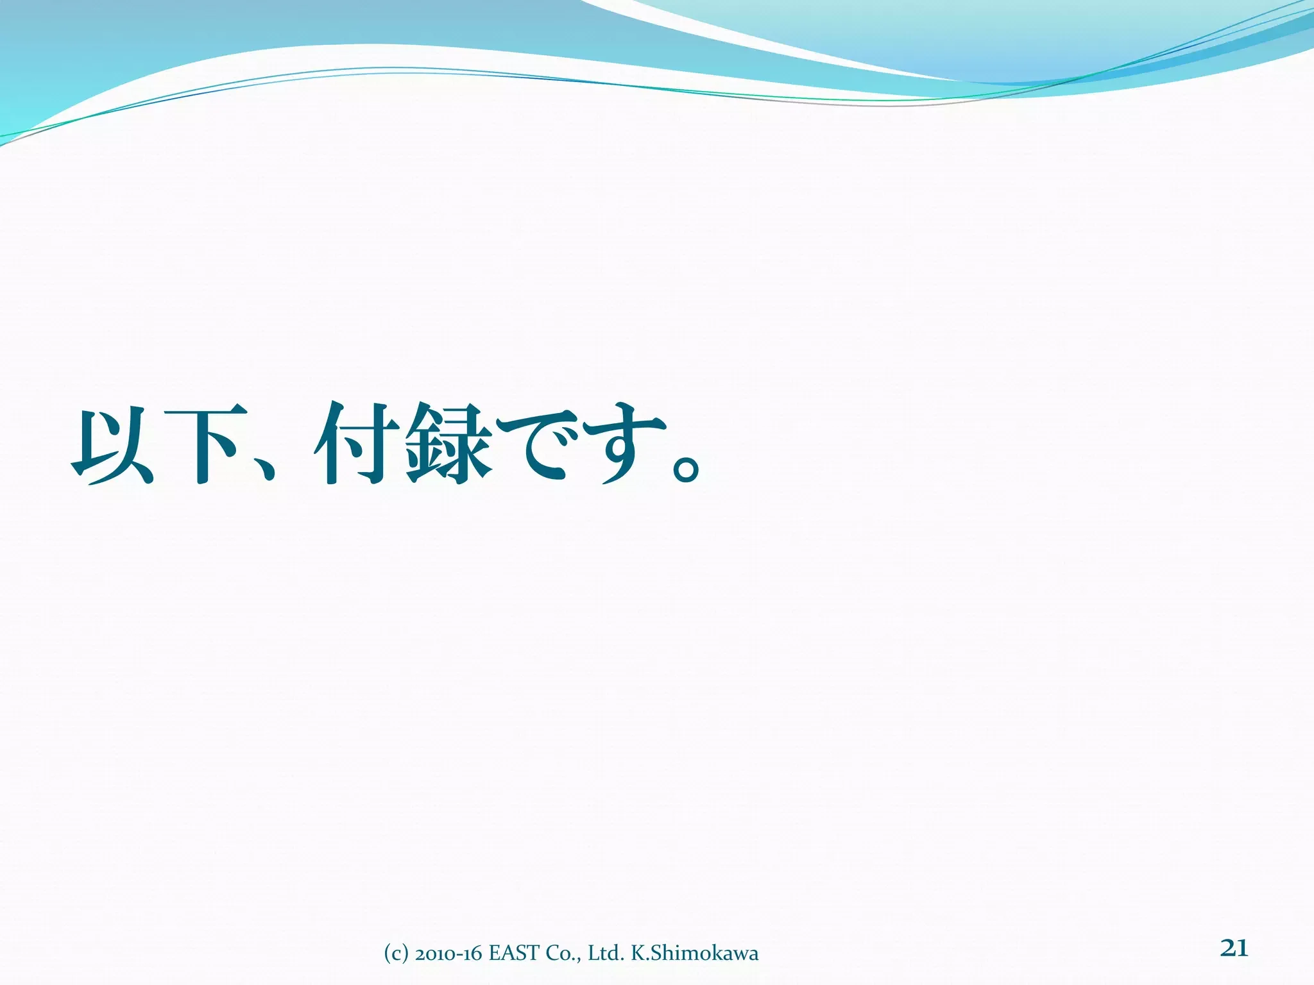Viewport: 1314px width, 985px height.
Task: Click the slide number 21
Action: (1234, 947)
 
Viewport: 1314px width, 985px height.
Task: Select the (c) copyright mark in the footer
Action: (396, 954)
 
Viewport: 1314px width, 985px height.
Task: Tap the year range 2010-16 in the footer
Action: (448, 954)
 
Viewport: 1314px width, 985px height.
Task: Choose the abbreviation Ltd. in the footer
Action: (606, 954)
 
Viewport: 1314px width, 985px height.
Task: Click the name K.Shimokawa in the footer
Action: (694, 954)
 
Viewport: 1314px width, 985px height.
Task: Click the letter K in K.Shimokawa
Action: (638, 954)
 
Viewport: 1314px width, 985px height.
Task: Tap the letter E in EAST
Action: (494, 954)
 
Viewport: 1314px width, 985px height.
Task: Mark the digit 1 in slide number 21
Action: (1242, 947)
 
